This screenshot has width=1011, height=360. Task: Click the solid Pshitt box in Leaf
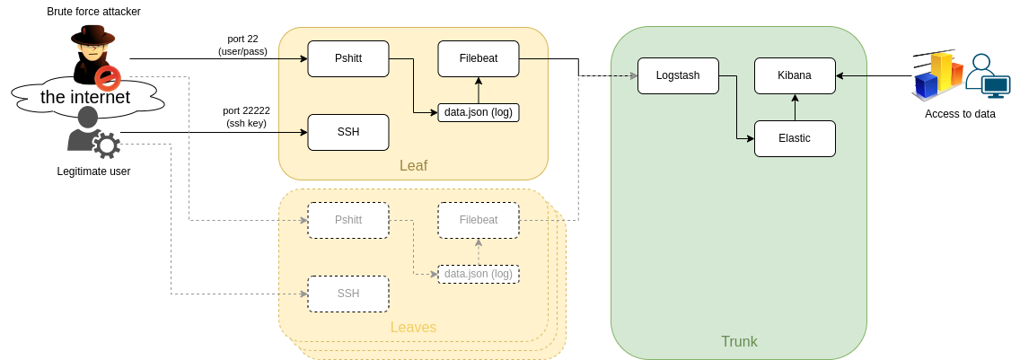348,58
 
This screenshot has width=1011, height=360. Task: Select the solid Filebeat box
479,58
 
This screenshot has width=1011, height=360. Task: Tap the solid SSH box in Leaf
348,132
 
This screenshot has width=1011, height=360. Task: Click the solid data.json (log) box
479,112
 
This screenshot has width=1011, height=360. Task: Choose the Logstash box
679,75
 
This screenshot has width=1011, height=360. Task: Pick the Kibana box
795,75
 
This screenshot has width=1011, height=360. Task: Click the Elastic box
795,138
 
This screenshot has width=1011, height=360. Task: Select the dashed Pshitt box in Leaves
348,220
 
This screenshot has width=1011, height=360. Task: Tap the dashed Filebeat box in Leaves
479,220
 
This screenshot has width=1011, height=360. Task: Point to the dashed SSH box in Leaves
348,294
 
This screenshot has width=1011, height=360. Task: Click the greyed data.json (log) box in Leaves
479,274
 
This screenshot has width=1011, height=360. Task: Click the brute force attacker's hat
93,35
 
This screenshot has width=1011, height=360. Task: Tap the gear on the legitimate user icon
107,145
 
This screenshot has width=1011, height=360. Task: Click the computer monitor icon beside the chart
995,87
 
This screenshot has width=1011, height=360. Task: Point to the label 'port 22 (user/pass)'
242,45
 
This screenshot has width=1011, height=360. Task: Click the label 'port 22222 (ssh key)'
246,117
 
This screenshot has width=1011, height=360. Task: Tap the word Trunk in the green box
739,341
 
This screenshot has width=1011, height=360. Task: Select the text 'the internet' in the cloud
85,97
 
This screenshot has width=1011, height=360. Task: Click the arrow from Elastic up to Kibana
795,107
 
